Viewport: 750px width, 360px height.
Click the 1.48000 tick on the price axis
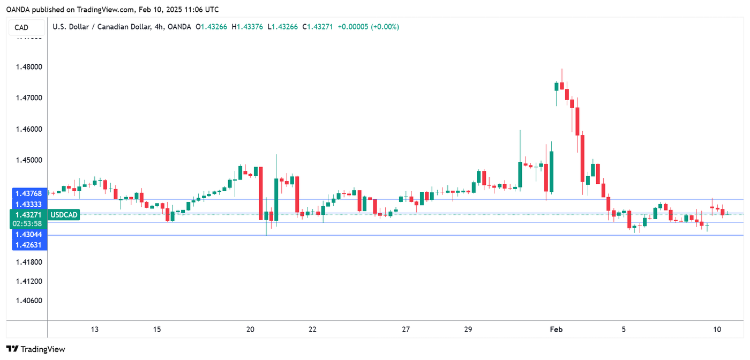point(27,67)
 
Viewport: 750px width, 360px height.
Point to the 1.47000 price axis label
point(27,98)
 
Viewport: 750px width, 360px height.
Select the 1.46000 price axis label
point(27,129)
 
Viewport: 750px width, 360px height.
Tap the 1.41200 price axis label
point(27,281)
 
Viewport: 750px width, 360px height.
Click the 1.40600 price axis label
point(27,301)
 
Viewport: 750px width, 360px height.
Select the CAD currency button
point(21,27)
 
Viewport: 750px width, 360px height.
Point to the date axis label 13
point(95,329)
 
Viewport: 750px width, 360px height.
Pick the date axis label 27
point(406,329)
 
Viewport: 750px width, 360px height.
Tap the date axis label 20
point(250,329)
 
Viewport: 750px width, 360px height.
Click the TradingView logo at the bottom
point(36,349)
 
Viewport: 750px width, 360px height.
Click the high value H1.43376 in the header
point(247,27)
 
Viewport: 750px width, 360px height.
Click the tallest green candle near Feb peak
point(551,171)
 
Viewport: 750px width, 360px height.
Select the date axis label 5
point(624,329)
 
